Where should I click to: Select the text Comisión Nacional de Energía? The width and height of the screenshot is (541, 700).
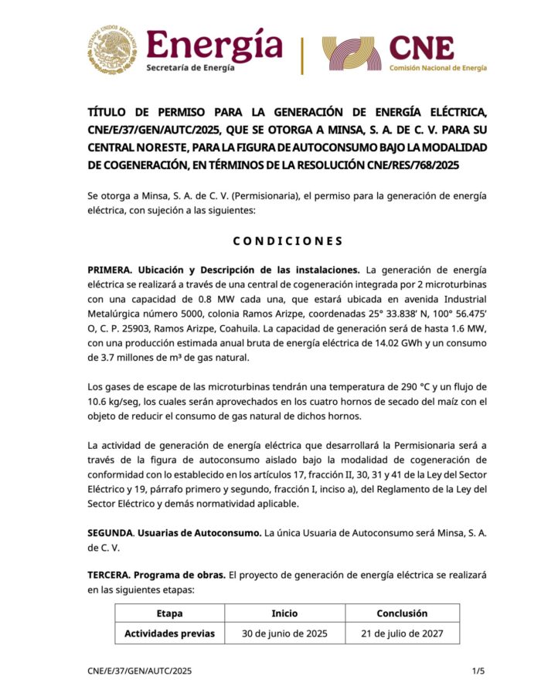tap(437, 68)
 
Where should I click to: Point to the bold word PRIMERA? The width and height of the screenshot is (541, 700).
tap(111, 270)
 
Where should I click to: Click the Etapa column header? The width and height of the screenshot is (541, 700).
tap(169, 613)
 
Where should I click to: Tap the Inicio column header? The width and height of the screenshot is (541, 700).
tap(284, 613)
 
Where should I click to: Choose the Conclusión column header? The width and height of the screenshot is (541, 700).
tap(401, 613)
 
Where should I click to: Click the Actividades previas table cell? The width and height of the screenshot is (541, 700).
tap(169, 634)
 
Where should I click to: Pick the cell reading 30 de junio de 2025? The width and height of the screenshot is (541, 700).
tap(284, 634)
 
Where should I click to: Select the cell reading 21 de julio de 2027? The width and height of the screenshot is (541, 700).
tap(401, 634)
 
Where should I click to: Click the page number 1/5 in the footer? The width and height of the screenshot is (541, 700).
tap(478, 671)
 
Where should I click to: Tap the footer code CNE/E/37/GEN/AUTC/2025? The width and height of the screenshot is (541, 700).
tap(139, 671)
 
